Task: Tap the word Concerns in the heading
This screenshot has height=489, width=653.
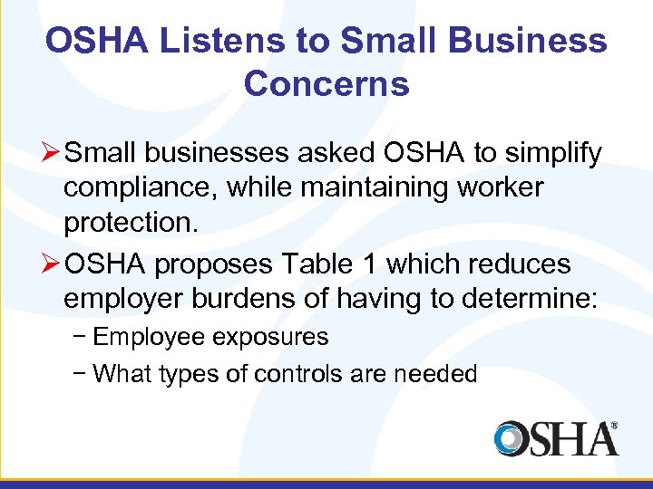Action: click(326, 84)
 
